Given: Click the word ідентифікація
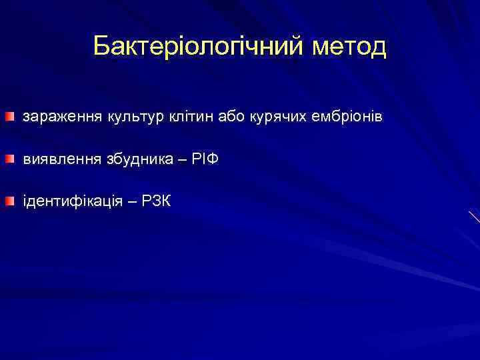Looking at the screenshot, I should pyautogui.click(x=73, y=201).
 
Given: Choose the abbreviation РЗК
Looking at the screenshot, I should pyautogui.click(x=155, y=201).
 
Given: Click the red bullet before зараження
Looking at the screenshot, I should pyautogui.click(x=7, y=117).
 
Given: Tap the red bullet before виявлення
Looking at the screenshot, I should pyautogui.click(x=7, y=159).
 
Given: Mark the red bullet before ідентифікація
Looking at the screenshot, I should pyautogui.click(x=7, y=201).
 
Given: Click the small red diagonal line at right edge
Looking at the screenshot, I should pyautogui.click(x=474, y=216).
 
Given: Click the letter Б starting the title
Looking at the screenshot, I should pyautogui.click(x=101, y=46).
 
